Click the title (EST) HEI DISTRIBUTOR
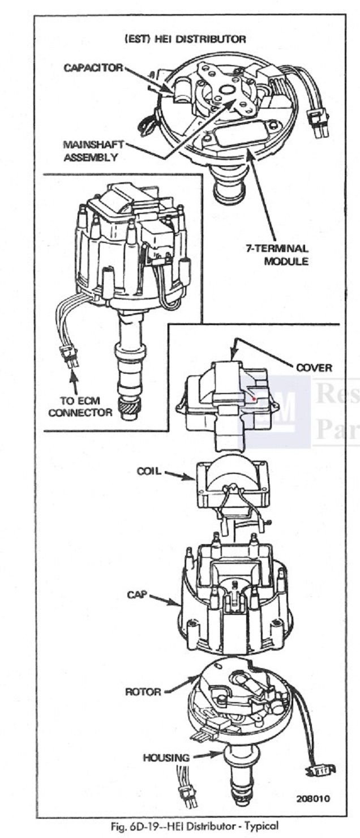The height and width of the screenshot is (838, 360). (185, 39)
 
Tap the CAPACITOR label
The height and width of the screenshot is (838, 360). (93, 68)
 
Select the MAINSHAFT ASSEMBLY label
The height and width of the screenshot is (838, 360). (93, 151)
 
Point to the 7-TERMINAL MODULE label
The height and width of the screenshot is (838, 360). (277, 254)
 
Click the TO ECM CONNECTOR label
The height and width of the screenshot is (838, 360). (80, 407)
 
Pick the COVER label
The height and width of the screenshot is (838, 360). (314, 367)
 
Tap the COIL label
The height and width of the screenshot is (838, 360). (149, 471)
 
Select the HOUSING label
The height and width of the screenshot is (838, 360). (166, 758)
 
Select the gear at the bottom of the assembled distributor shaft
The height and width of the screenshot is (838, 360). (129, 409)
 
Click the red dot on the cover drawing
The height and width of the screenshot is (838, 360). (254, 399)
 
